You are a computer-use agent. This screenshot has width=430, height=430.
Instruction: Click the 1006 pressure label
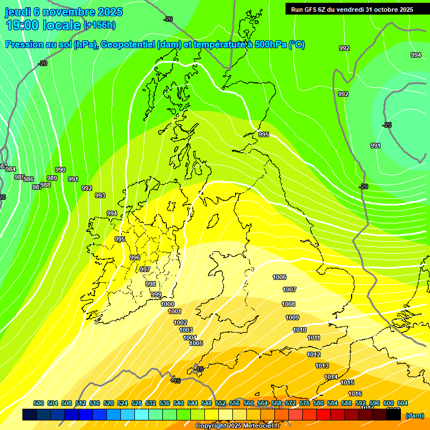[279, 277]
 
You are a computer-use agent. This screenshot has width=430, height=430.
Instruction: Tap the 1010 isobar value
[300, 330]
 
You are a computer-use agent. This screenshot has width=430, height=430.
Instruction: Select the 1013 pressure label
[322, 366]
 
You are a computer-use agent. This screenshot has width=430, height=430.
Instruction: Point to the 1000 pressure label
[167, 304]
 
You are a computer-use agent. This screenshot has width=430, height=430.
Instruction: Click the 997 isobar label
[145, 269]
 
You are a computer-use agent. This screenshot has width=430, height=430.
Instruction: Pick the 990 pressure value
[60, 170]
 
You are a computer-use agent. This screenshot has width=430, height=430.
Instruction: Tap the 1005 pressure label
[196, 343]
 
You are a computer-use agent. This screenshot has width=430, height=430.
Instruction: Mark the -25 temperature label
[387, 125]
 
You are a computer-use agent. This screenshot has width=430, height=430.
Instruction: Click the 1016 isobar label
[355, 394]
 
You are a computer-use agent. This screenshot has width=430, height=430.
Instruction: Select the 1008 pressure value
[288, 304]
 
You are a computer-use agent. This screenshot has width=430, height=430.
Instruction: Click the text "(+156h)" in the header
[100, 25]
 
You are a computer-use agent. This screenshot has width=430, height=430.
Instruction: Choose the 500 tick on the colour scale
[39, 403]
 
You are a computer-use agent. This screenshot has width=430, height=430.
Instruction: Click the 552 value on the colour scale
[221, 403]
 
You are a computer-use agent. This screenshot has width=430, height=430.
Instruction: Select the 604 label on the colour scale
[403, 403]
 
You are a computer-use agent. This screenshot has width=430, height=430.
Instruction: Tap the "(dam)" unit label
[414, 415]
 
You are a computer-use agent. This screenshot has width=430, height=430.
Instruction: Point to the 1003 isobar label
[186, 330]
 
